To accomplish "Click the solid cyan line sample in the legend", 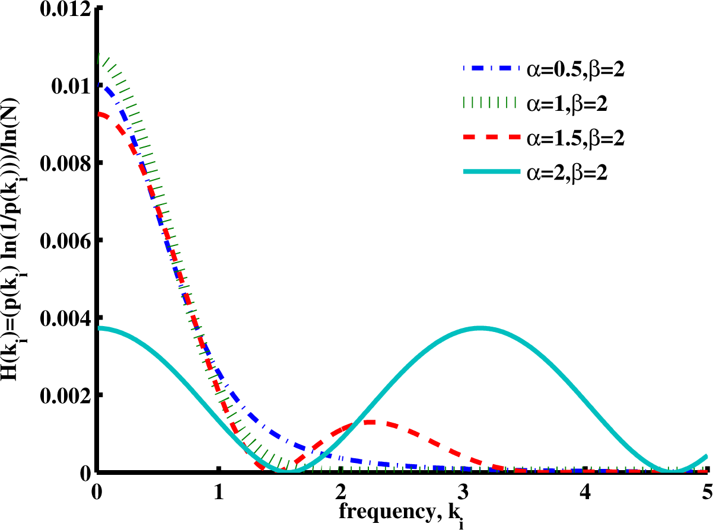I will (490, 173).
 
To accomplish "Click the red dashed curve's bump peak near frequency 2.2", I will (371, 422).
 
